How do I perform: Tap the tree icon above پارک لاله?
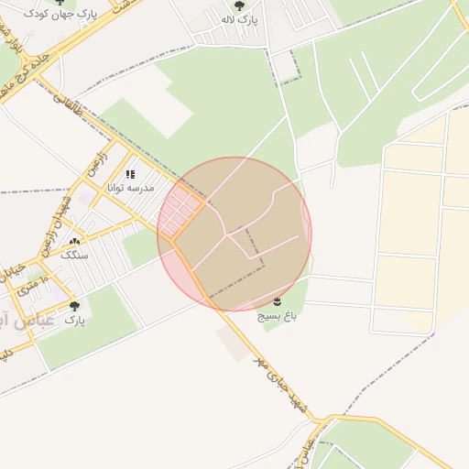click(x=240, y=5)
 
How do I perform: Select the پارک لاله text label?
click(x=240, y=19)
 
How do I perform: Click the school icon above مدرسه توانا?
click(x=130, y=173)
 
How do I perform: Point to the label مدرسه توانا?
click(x=131, y=187)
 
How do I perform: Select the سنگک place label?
click(x=74, y=256)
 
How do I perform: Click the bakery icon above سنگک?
click(x=74, y=242)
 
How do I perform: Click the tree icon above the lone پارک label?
click(x=74, y=306)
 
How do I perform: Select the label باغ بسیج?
click(x=278, y=315)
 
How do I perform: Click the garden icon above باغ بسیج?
click(x=278, y=301)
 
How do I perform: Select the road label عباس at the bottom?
click(x=309, y=451)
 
